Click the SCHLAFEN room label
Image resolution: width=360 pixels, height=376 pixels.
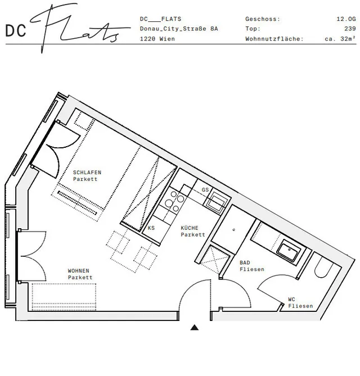[x=87, y=173]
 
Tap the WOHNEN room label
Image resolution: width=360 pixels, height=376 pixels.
[x=79, y=271]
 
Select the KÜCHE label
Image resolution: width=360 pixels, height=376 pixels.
[x=190, y=228]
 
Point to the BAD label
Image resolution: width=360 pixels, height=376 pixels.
[x=245, y=262]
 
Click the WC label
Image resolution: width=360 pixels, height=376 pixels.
[x=291, y=299]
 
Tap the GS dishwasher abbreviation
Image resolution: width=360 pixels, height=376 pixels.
[x=205, y=189]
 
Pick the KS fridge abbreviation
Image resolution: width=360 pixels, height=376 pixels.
[x=151, y=228]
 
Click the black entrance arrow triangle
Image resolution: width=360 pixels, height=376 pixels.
[x=195, y=327]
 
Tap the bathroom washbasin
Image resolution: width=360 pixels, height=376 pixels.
[x=289, y=252]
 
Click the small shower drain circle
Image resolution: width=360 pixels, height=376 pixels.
[x=234, y=230]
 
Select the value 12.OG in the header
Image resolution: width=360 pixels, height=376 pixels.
[x=346, y=19]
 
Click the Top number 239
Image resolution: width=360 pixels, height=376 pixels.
[x=350, y=29]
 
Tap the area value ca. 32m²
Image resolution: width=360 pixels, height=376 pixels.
[x=340, y=39]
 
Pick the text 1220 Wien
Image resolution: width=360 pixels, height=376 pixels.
[x=157, y=39]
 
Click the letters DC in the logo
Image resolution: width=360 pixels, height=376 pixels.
[x=16, y=31]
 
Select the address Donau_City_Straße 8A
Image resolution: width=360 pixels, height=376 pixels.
[x=179, y=29]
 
